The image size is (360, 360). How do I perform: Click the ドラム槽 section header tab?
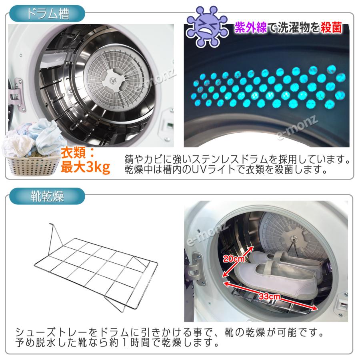[47, 14]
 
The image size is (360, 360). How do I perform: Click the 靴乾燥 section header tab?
[47, 197]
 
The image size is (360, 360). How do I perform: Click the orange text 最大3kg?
[85, 167]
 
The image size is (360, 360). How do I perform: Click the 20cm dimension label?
[234, 260]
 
